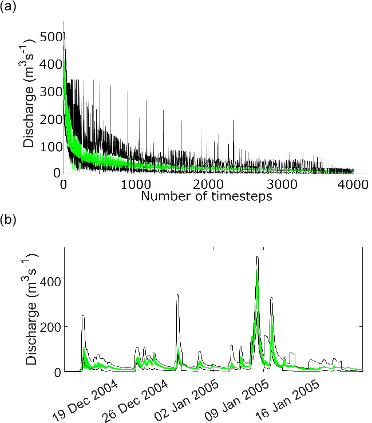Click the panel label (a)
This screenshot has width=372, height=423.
8,7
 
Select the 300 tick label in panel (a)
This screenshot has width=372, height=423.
50,91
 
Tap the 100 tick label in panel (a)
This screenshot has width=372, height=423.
50,145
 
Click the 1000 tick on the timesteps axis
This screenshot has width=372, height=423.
135,184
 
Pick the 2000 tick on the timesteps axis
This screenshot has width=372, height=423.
208,184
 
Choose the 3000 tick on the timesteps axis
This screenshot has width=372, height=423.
280,184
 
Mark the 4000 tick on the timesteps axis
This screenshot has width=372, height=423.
353,184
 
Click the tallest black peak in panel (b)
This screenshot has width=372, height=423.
258,257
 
